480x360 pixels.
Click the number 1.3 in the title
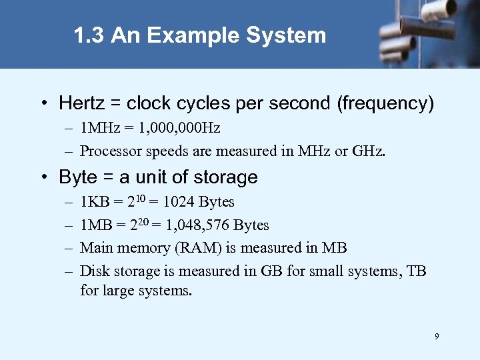[89, 35]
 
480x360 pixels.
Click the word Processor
[107, 151]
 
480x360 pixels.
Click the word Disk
[93, 271]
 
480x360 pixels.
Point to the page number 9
[437, 337]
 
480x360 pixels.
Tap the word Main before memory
[95, 248]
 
